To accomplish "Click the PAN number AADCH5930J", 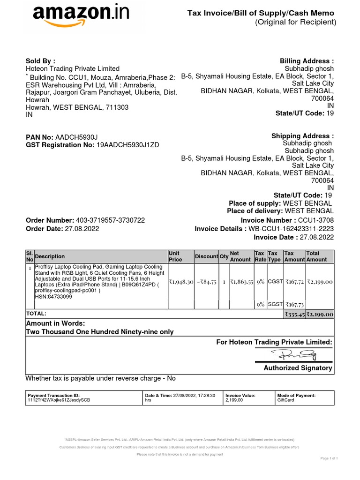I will pyautogui.click(x=76, y=137).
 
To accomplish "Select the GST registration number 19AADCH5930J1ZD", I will pyautogui.click(x=127, y=145).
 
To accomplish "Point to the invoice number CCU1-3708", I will pyautogui.click(x=316, y=220).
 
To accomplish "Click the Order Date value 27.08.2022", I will pyautogui.click(x=82, y=229).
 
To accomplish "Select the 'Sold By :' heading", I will pyautogui.click(x=40, y=61).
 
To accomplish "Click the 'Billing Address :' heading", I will pyautogui.click(x=307, y=61).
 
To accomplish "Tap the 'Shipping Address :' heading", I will pyautogui.click(x=302, y=136).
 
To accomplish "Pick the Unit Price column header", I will pyautogui.click(x=175, y=256).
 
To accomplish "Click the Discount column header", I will pyautogui.click(x=206, y=256).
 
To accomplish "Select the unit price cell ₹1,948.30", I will pyautogui.click(x=181, y=282).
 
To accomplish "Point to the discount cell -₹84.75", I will pyautogui.click(x=206, y=282).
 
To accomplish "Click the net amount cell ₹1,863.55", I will pyautogui.click(x=241, y=282).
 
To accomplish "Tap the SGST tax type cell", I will pyautogui.click(x=275, y=304).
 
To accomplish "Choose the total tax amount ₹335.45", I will pyautogui.click(x=294, y=314).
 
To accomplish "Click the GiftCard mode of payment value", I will pyautogui.click(x=286, y=401).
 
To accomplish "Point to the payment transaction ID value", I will pyautogui.click(x=59, y=401).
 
